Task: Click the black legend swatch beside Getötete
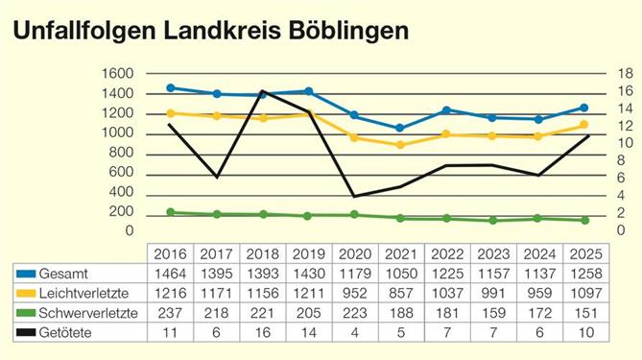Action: pos(20,332)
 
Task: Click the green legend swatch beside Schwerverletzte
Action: pos(20,313)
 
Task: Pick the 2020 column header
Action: pos(355,254)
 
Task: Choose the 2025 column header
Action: pos(584,254)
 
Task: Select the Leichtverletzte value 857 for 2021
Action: pos(401,293)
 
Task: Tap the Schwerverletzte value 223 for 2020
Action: pos(355,313)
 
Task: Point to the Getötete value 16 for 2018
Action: pos(263,332)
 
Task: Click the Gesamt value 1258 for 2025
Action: pos(584,274)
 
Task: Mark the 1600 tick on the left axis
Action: pos(116,73)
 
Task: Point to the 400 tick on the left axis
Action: pos(119,192)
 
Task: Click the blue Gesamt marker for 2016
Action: pos(171,87)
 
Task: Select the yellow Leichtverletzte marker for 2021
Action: pos(401,145)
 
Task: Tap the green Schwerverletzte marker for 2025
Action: pos(584,220)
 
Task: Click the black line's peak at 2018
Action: pos(263,91)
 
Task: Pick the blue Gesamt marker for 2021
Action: pos(401,128)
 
